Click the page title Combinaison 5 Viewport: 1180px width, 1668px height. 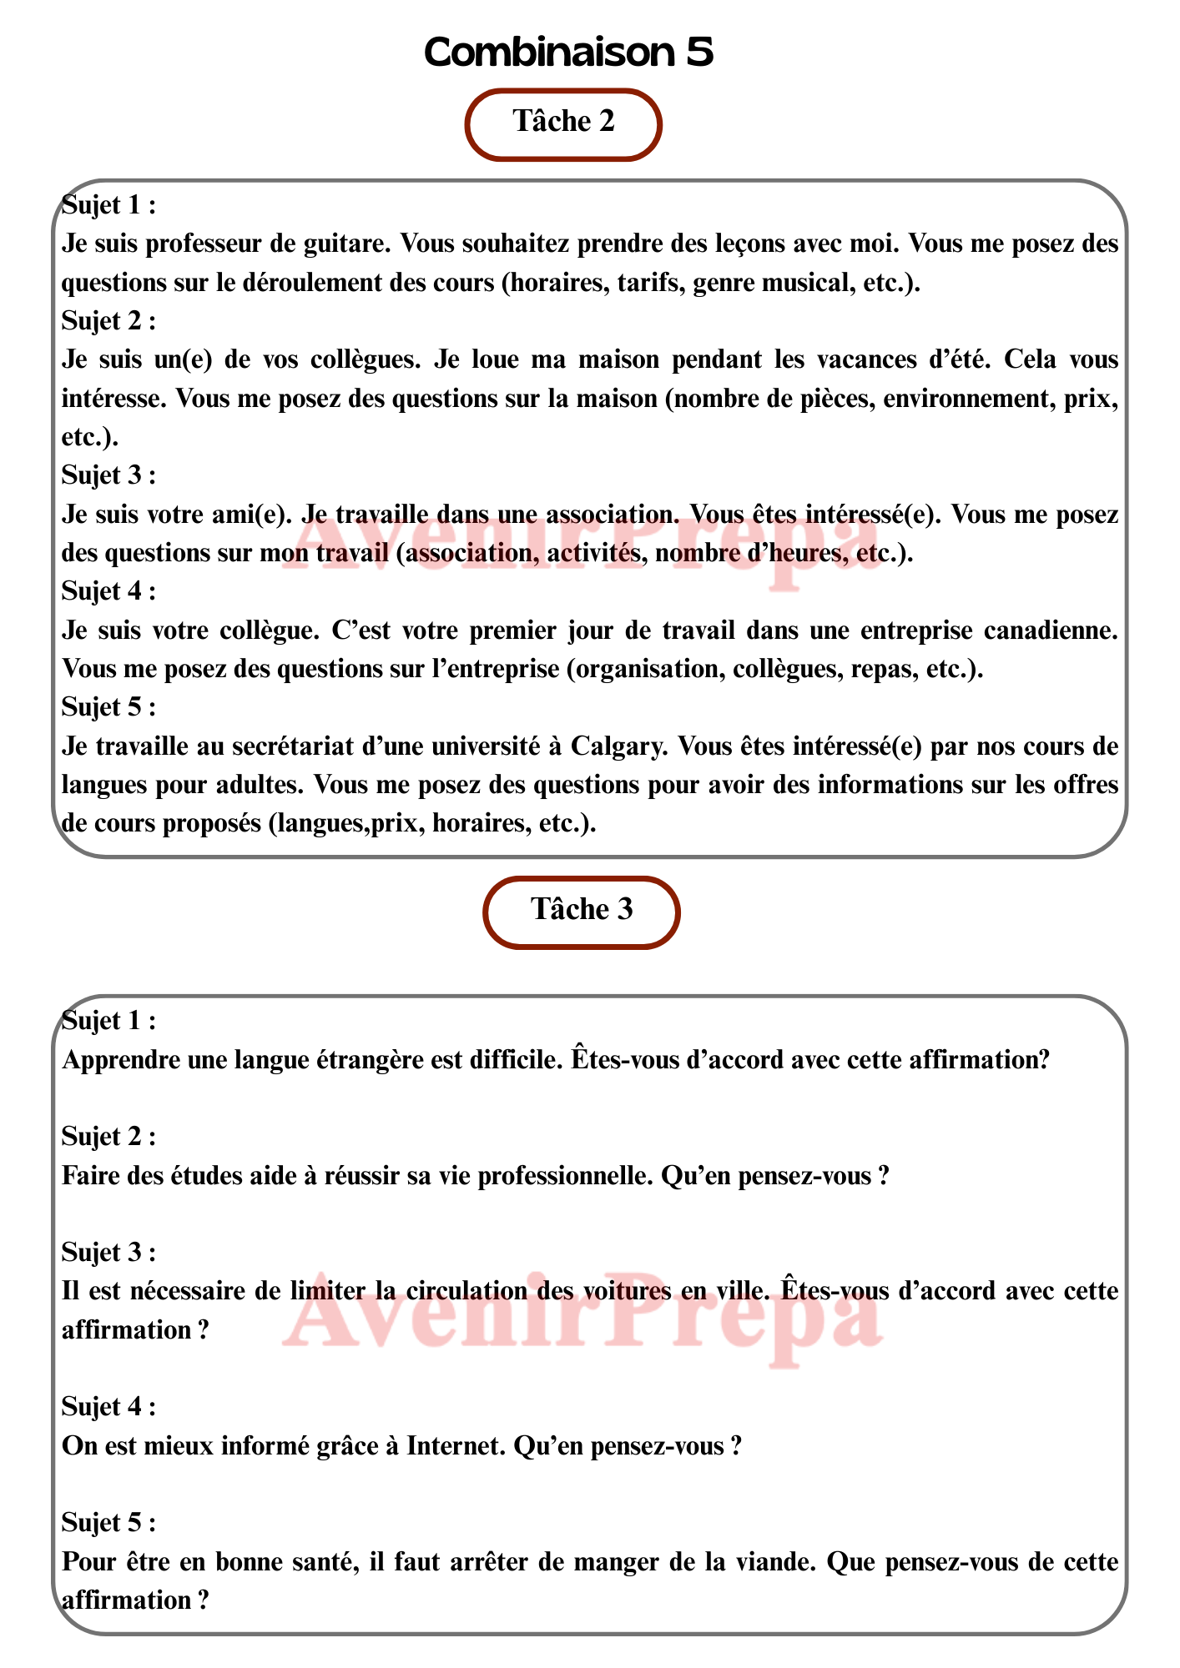(x=568, y=53)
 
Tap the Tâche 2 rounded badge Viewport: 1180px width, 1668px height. (x=563, y=123)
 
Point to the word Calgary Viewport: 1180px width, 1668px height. (x=617, y=746)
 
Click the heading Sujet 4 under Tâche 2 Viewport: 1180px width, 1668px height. (x=108, y=591)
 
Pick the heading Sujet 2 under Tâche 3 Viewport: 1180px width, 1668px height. (x=108, y=1137)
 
